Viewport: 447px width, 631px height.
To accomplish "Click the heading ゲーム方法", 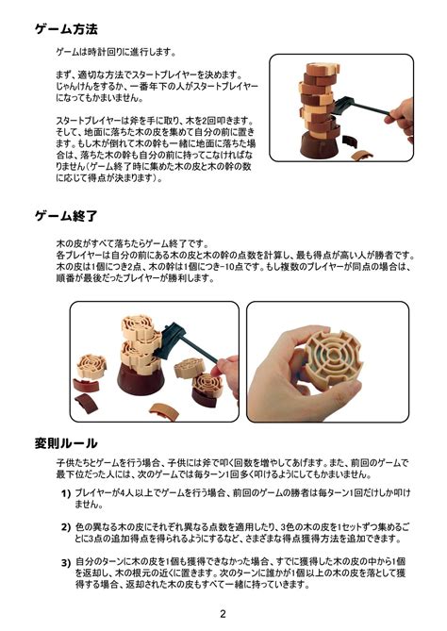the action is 66,29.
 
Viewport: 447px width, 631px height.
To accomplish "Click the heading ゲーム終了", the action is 66,216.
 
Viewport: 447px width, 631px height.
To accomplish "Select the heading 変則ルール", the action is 66,443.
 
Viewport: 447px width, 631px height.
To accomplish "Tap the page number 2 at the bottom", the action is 223,614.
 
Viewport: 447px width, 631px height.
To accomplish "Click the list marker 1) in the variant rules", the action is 66,493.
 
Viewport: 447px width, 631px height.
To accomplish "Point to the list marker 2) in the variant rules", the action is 66,527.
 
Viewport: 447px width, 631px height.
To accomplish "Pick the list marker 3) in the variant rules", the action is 66,562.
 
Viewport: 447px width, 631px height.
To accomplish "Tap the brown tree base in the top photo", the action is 319,144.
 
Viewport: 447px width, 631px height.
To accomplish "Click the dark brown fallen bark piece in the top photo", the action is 349,141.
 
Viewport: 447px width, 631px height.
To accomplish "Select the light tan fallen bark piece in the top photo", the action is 362,155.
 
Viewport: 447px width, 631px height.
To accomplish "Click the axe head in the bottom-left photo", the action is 169,340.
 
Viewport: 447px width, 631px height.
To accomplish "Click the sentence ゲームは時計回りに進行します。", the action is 116,52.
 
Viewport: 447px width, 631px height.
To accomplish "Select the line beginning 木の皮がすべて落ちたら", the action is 133,244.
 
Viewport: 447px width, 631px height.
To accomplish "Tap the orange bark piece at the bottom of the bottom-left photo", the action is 164,411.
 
